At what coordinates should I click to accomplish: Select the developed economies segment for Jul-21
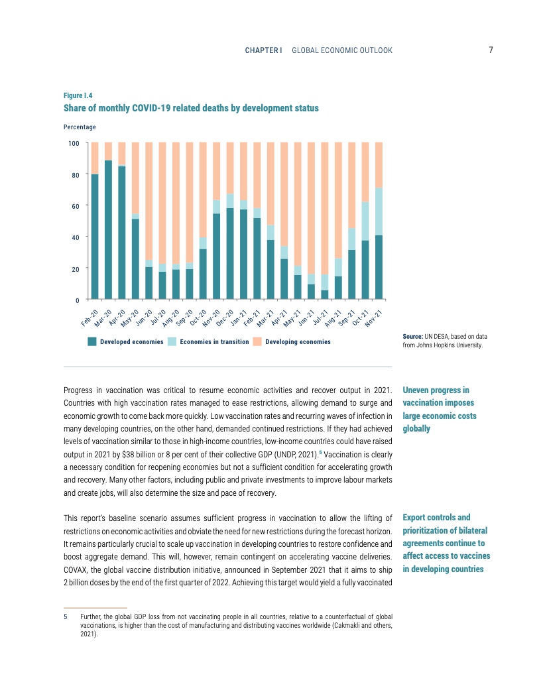point(325,295)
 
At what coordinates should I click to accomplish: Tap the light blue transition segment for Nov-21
point(379,211)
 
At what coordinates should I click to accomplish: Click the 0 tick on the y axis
point(77,300)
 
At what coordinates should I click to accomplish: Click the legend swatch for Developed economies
point(93,342)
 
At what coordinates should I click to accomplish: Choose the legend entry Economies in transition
point(214,342)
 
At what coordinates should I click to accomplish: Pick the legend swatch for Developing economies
point(259,342)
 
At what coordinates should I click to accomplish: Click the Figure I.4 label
point(78,95)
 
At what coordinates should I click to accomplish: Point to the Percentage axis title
point(80,127)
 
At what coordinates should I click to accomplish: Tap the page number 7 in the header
point(491,50)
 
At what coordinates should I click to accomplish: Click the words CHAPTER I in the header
point(263,50)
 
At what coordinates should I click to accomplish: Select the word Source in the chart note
point(414,337)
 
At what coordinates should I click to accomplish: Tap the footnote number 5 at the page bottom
point(66,616)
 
